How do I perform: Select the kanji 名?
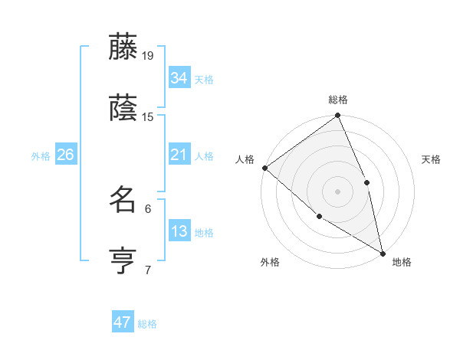(x=124, y=200)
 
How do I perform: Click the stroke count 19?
(x=148, y=55)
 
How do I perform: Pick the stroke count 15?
(x=148, y=117)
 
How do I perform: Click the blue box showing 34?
(x=179, y=77)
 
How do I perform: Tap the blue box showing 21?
(x=179, y=155)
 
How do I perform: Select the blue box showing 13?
(x=179, y=231)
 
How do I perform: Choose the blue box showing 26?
(x=65, y=155)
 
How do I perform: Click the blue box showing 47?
(x=123, y=322)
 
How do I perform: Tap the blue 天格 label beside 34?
(x=204, y=79)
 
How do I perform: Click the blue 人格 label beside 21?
(x=204, y=155)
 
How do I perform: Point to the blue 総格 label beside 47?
(x=147, y=324)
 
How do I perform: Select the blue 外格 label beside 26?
(x=41, y=155)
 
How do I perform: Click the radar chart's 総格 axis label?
(x=338, y=100)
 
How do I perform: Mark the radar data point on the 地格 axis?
(x=382, y=252)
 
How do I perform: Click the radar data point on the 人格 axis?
(x=264, y=168)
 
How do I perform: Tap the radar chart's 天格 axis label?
(x=432, y=159)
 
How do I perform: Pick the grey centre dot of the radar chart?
(x=337, y=191)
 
